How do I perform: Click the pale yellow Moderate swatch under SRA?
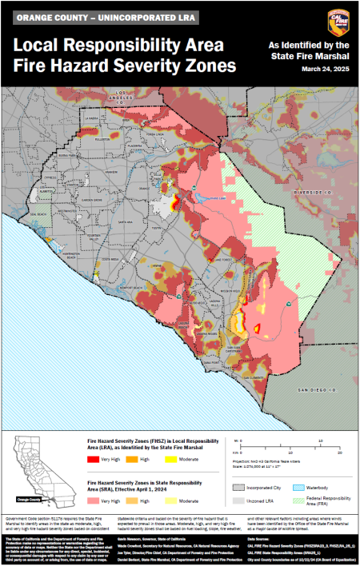171,500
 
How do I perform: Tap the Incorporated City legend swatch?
238,486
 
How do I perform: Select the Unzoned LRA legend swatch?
238,500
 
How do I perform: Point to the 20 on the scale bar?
341,452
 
